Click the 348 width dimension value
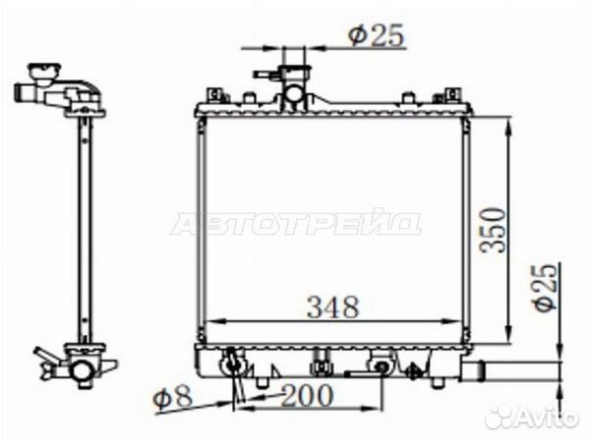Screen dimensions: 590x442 pyautogui.click(x=333, y=307)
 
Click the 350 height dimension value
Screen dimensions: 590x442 pyautogui.click(x=494, y=230)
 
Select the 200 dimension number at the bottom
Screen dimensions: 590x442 pyautogui.click(x=308, y=395)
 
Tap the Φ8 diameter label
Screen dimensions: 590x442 pyautogui.click(x=173, y=397)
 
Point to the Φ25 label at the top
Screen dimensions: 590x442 pyautogui.click(x=376, y=35)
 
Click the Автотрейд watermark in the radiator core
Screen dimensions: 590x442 pyautogui.click(x=295, y=223)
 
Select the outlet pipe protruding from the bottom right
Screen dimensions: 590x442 pyautogui.click(x=511, y=369)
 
